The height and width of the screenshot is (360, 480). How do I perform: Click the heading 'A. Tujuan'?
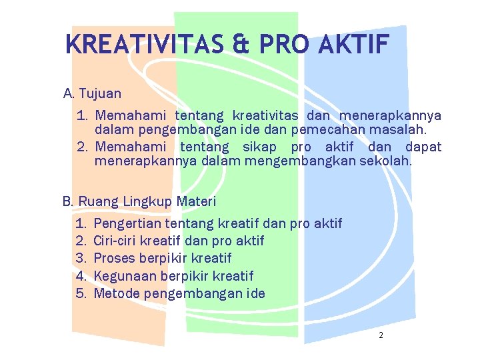click(92, 93)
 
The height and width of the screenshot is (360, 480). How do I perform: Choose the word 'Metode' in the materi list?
click(117, 293)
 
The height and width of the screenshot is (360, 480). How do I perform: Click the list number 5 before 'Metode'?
click(81, 293)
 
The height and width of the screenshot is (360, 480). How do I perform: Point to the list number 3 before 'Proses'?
click(81, 258)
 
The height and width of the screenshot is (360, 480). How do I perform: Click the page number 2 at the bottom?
click(381, 335)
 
